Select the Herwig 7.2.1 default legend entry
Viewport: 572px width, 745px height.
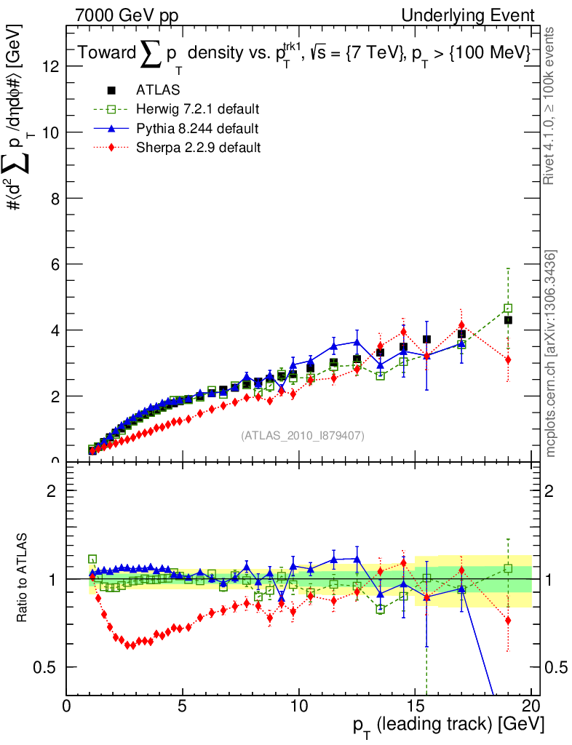tap(197, 109)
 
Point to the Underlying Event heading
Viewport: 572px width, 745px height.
tap(478, 15)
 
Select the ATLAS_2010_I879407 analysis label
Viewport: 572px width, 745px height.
tap(303, 436)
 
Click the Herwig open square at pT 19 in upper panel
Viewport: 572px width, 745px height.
tap(508, 308)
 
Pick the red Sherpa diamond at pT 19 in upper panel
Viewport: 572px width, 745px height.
tap(508, 359)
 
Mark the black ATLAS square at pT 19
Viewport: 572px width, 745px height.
tap(509, 320)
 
